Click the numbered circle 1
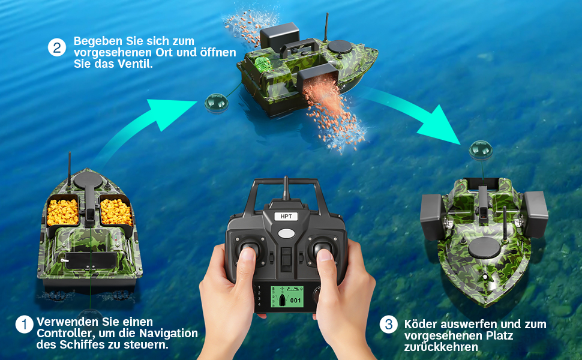tap(25, 325)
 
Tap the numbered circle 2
tap(57, 48)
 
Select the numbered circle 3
tap(389, 325)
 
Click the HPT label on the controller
tap(286, 217)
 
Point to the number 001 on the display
tap(295, 300)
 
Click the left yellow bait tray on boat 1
tap(63, 212)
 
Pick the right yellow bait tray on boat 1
tap(116, 212)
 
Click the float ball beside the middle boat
tap(217, 103)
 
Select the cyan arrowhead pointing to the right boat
tap(441, 126)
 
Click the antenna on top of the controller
tap(286, 188)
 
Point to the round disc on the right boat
tap(484, 248)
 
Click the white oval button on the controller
tap(286, 233)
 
